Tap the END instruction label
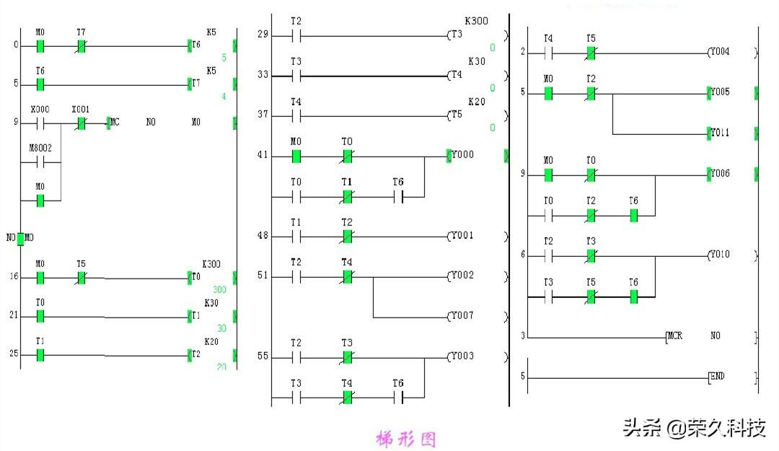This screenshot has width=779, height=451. (717, 377)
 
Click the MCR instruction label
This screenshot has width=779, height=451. (674, 336)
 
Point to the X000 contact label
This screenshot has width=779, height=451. (40, 110)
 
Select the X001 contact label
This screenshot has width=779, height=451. (81, 110)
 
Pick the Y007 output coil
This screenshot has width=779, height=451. (461, 316)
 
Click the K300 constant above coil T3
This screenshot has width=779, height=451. (476, 22)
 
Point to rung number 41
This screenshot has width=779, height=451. (263, 155)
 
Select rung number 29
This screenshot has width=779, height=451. (263, 35)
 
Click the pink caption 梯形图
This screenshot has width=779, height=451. (406, 439)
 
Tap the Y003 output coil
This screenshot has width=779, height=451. (461, 357)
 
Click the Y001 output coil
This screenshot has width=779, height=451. (461, 236)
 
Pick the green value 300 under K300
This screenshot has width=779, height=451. (219, 290)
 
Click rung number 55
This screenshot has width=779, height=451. (263, 357)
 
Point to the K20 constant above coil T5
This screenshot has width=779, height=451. (477, 102)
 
